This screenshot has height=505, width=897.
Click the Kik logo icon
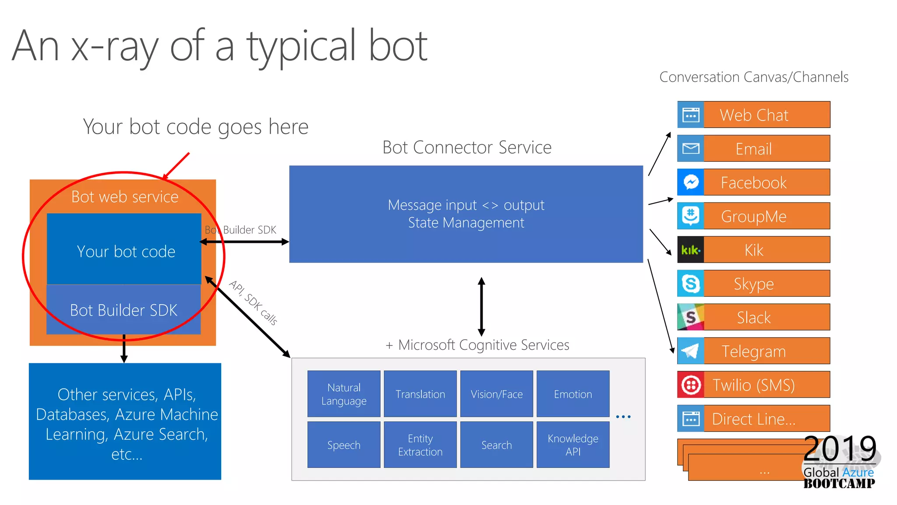pos(690,250)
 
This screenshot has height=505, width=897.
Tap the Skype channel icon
pos(690,284)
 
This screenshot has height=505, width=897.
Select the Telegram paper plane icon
pos(690,351)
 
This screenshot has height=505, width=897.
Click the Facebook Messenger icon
pos(690,182)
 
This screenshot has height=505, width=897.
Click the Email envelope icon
pos(690,149)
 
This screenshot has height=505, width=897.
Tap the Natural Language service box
pos(344,394)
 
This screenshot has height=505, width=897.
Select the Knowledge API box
pos(573,445)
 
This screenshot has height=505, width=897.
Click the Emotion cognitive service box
pos(573,394)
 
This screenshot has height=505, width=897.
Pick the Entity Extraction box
pos(420,445)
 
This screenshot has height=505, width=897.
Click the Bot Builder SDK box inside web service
pos(124,310)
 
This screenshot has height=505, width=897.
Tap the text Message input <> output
pos(466,205)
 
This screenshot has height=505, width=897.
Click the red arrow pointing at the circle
pos(177,166)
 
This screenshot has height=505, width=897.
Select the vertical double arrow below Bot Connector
pos(481,307)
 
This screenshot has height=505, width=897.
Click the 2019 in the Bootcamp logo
pos(840,448)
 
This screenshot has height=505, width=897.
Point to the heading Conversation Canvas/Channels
pos(753,77)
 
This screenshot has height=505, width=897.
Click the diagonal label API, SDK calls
pos(253,302)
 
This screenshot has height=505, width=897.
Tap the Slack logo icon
pos(690,317)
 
